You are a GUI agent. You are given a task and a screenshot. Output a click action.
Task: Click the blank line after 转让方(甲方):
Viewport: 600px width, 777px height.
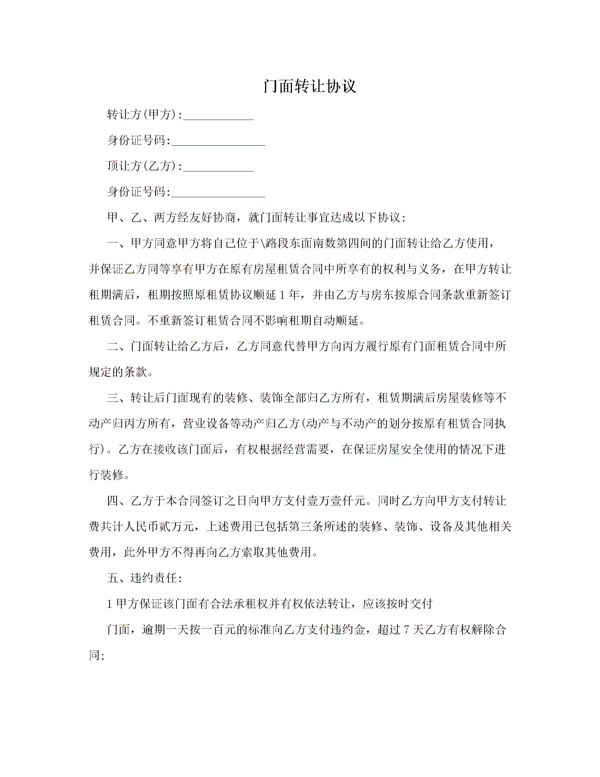click(x=218, y=116)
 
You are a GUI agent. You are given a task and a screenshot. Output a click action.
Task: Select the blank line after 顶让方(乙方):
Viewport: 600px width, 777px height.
click(x=218, y=167)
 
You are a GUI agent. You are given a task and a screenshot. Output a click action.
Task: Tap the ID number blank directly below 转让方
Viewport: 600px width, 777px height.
click(x=218, y=141)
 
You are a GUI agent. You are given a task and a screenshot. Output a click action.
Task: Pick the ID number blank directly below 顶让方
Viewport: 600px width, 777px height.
click(x=218, y=192)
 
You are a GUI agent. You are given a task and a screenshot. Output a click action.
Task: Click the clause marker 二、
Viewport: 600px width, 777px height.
click(x=118, y=347)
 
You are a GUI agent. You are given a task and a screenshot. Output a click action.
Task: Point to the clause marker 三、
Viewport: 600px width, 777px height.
click(x=118, y=398)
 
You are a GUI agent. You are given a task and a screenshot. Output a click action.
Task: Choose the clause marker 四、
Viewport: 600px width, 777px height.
click(x=118, y=501)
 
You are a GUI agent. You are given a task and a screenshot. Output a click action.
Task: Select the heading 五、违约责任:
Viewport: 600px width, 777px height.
click(x=144, y=578)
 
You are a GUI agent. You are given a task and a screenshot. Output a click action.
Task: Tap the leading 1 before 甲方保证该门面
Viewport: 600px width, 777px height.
click(x=109, y=604)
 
